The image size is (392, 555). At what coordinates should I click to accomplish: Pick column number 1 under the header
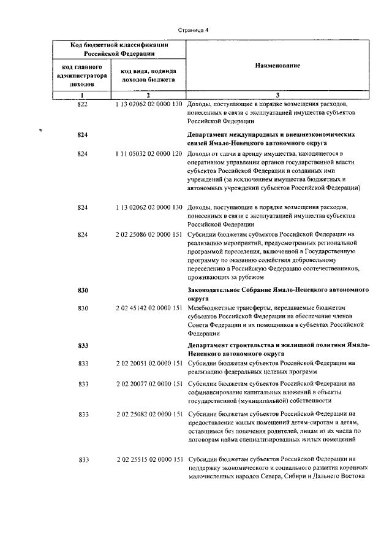point(82,95)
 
